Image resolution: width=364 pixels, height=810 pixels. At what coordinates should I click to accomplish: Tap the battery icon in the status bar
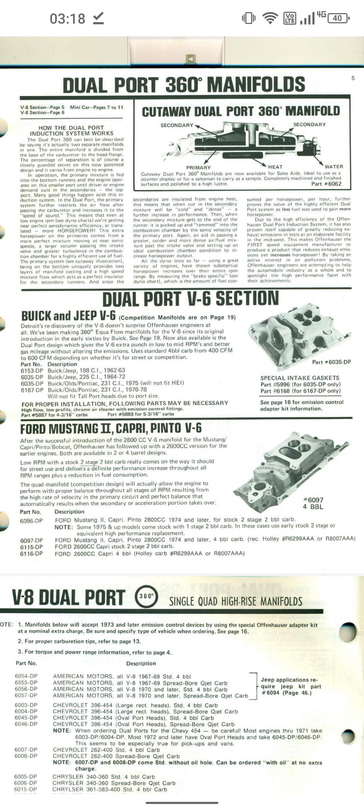(338, 18)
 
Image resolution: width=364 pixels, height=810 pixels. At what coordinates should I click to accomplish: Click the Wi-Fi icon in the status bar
(270, 18)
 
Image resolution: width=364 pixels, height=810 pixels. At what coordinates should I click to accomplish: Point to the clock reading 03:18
(67, 18)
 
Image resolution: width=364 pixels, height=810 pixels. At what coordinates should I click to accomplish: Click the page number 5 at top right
(353, 78)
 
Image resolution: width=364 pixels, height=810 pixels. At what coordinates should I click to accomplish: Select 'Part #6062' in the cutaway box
(326, 184)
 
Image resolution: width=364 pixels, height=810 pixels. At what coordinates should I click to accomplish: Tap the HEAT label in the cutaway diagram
(275, 167)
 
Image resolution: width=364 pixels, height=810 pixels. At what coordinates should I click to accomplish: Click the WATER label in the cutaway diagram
(334, 166)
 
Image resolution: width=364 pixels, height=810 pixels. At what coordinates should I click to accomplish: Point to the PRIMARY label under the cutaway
(198, 168)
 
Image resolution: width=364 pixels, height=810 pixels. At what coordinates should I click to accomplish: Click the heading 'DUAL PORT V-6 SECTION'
(190, 299)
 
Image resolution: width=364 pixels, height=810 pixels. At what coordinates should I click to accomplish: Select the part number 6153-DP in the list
(32, 370)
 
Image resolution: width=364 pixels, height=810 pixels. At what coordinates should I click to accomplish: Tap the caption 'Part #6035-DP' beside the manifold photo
(331, 362)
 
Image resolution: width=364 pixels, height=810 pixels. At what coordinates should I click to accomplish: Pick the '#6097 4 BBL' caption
(313, 503)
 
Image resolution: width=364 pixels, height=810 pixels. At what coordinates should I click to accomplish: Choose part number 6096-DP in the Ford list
(31, 521)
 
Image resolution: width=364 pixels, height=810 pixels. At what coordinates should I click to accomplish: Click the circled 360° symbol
(146, 596)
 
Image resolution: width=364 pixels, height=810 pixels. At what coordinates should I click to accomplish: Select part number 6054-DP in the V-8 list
(26, 676)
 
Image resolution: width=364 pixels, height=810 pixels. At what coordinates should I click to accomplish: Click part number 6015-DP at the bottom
(25, 789)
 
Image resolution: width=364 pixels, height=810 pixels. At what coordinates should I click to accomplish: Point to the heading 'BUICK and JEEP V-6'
(68, 316)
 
